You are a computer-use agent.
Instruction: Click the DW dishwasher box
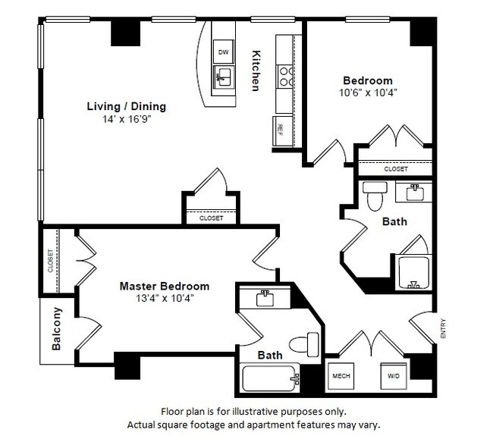[223, 52]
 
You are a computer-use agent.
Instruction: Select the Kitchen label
[256, 71]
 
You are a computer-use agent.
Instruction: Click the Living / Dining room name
[126, 106]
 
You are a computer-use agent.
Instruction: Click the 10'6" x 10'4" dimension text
[368, 92]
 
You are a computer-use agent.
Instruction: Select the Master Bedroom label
[165, 286]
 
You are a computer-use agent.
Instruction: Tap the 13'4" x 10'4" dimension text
[165, 298]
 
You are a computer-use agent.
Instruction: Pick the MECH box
[339, 375]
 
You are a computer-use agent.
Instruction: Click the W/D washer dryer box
[393, 375]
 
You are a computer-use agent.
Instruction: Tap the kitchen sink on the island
[223, 75]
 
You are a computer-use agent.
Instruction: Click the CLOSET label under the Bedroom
[395, 170]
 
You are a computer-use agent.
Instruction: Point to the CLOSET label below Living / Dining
[212, 218]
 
